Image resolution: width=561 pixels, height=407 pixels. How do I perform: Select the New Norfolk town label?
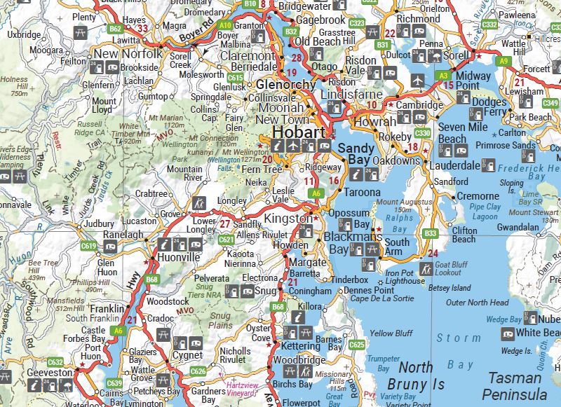point(128,54)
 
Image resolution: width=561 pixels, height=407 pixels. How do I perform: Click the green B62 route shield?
point(116,29)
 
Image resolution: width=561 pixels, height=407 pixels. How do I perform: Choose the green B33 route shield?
point(431,233)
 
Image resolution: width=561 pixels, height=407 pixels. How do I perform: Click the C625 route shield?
point(357,345)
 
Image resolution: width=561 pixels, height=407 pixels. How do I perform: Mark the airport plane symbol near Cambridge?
point(419,78)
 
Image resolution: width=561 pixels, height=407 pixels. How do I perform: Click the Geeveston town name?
point(50,373)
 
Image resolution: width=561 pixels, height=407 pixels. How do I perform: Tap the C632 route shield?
point(55,362)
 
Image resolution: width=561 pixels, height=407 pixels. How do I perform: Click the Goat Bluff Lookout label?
point(451,268)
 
